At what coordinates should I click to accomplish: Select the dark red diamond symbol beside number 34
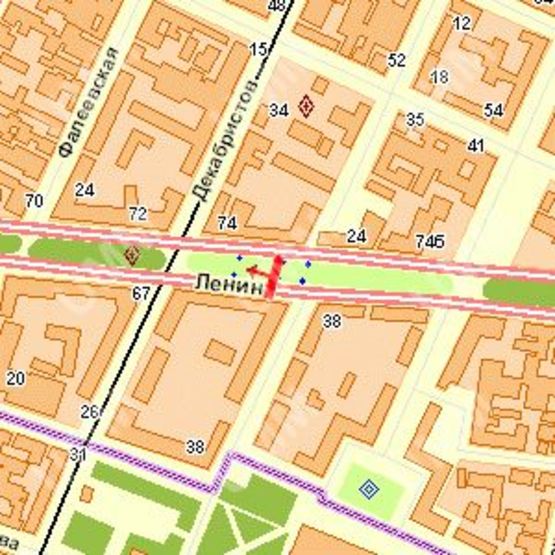(x=306, y=107)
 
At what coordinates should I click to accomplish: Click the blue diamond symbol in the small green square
(x=369, y=488)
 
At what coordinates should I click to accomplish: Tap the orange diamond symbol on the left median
(x=131, y=254)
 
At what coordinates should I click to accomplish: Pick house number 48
(x=277, y=6)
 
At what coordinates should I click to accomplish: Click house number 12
(x=461, y=23)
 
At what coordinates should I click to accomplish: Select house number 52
(x=397, y=61)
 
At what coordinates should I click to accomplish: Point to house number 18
(x=439, y=77)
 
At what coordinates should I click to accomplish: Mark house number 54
(x=493, y=110)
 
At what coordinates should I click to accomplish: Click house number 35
(x=415, y=120)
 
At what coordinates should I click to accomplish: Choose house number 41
(x=476, y=146)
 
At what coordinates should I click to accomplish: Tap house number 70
(x=34, y=201)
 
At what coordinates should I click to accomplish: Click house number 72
(x=138, y=213)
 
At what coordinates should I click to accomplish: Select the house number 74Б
(x=429, y=241)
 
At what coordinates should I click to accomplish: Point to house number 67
(x=140, y=293)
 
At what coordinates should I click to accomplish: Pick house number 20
(x=15, y=378)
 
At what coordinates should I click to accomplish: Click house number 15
(x=259, y=49)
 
